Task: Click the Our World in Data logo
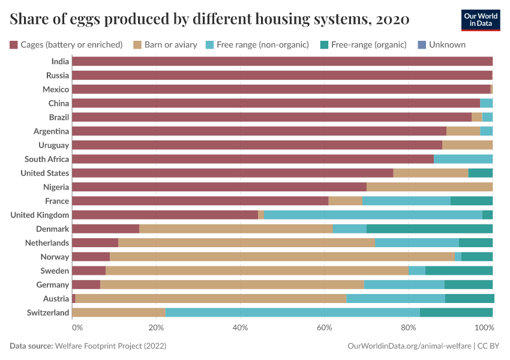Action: (x=480, y=20)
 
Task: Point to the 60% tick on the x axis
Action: (x=325, y=328)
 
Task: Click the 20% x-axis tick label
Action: (x=156, y=328)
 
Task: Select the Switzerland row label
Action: (x=48, y=313)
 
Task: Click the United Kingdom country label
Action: (x=40, y=215)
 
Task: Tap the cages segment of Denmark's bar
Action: (x=105, y=229)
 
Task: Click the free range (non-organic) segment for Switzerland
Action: (x=292, y=313)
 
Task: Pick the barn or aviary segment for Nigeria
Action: (x=429, y=187)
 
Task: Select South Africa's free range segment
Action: (x=463, y=159)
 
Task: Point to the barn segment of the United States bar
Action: (x=430, y=173)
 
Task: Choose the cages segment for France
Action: (x=200, y=200)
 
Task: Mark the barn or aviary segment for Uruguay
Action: (x=467, y=145)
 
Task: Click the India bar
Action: (x=282, y=61)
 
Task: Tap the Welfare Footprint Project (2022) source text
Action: (x=110, y=346)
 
